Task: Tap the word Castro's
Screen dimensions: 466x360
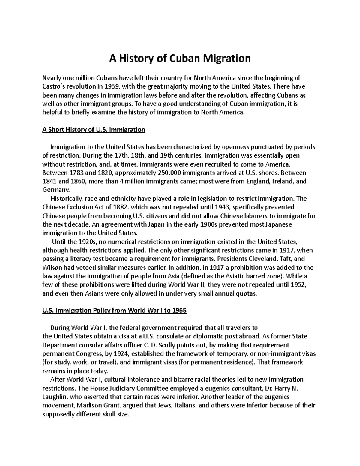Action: [54, 87]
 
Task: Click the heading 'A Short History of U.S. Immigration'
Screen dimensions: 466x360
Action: [94, 130]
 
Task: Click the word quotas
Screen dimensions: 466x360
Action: [247, 293]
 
